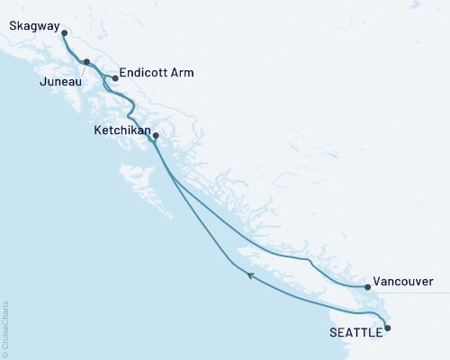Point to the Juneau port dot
(x=86, y=62)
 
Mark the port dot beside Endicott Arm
(x=115, y=78)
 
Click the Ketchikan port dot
(x=156, y=137)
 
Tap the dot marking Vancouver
(x=366, y=287)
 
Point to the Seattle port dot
(x=388, y=328)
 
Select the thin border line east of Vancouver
(x=423, y=292)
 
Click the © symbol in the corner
(x=5, y=355)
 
